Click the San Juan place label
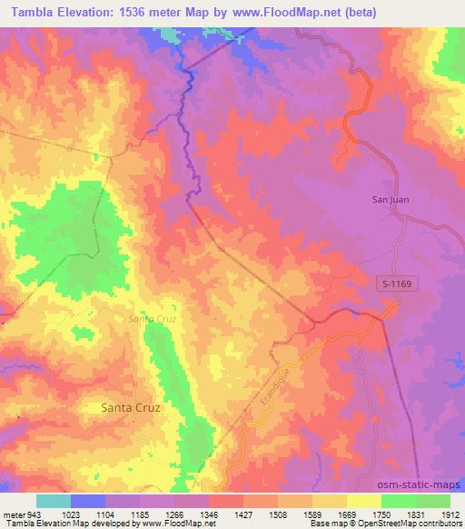point(393,200)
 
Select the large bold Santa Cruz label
point(130,408)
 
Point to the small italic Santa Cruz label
point(151,319)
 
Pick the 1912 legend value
point(448,514)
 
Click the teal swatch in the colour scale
point(54,501)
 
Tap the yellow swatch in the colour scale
point(363,501)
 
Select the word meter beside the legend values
point(15,514)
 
